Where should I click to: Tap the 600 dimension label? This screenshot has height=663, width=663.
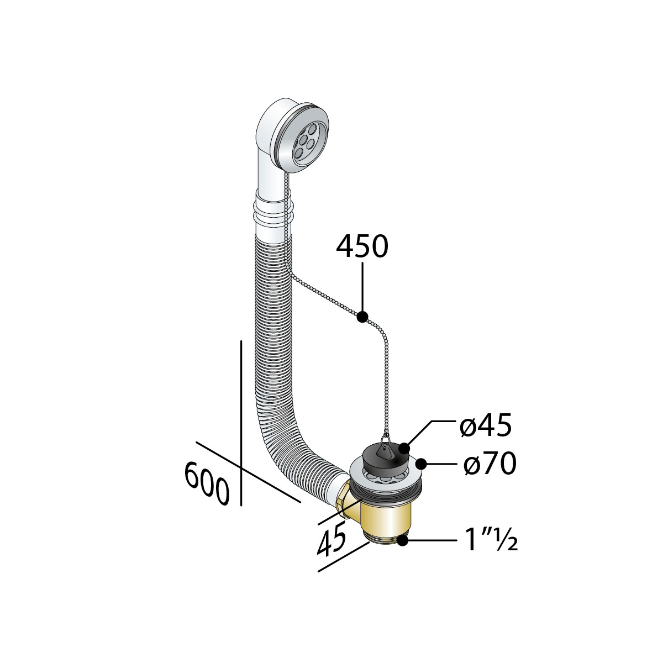coord(207,483)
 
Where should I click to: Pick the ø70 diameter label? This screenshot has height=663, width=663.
coord(490,463)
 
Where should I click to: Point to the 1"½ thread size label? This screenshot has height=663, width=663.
coord(491,540)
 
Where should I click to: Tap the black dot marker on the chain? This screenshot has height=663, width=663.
coord(362,317)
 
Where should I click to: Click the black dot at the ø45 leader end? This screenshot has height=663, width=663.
coord(404,449)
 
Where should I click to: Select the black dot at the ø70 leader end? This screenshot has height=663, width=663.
coord(421,464)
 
